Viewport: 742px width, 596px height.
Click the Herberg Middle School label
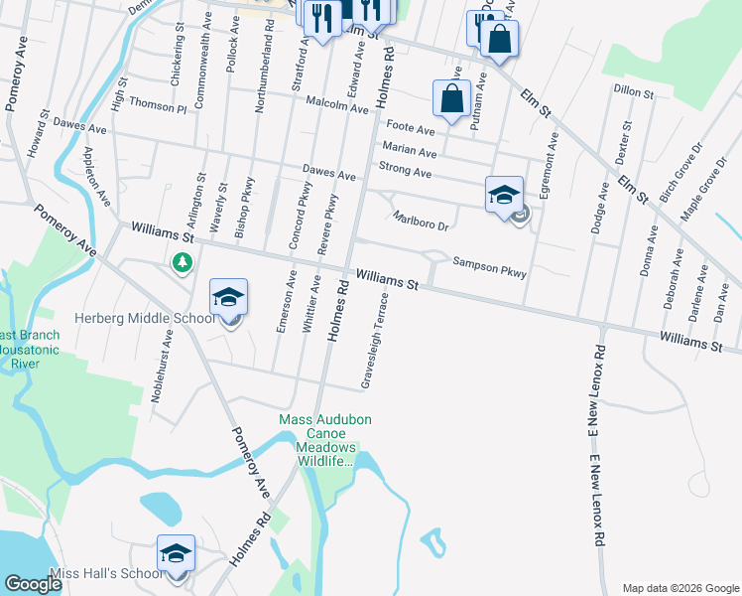pos(145,319)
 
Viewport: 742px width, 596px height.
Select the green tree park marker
pos(182,263)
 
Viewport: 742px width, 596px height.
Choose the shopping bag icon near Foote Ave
pos(451,99)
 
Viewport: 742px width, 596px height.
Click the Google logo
pos(33,584)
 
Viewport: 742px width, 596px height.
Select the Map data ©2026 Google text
pos(680,588)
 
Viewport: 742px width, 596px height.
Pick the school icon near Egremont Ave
pos(504,194)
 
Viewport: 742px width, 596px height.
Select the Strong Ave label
pos(406,171)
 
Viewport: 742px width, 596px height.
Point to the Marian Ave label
pos(409,152)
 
